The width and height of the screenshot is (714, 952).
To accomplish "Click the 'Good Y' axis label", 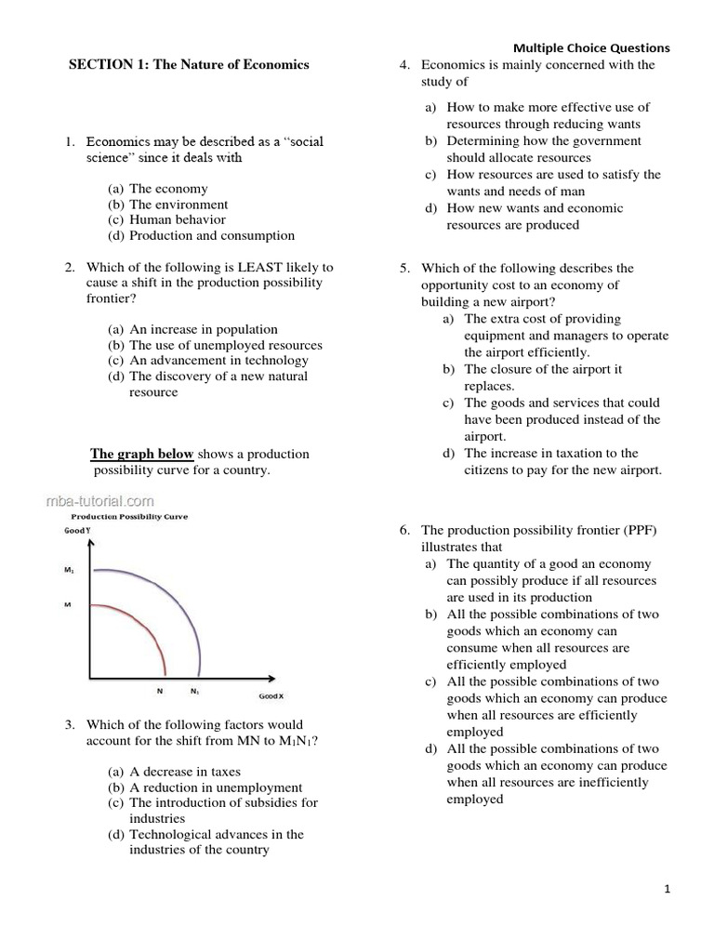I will [77, 530].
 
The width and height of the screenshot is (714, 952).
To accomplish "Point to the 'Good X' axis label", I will [271, 696].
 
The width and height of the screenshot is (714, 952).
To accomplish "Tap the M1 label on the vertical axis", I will [69, 571].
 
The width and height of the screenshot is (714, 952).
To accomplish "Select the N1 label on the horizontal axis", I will [195, 691].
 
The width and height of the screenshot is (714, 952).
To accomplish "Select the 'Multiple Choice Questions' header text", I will [590, 48].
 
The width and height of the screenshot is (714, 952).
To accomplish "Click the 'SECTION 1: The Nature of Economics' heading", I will [190, 64].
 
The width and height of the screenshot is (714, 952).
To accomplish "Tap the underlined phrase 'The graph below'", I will [141, 454].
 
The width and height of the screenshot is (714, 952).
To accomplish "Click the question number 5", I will [405, 269].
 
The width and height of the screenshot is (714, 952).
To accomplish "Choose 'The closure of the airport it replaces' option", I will [543, 369].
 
